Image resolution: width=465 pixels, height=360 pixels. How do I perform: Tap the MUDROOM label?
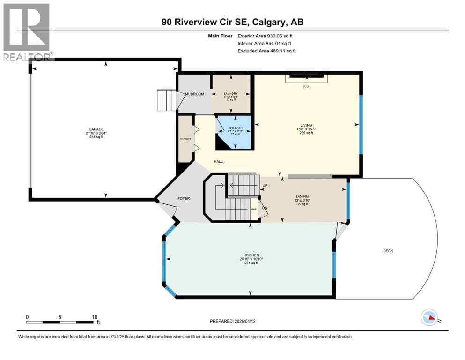point(194,94)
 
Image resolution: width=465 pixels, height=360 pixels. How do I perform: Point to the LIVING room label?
point(307,125)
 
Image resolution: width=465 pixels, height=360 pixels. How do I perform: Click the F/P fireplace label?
point(306,87)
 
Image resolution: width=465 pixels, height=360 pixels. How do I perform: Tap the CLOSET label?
point(185,139)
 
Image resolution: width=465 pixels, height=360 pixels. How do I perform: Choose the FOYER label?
point(184,198)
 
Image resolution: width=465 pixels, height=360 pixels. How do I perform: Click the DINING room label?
point(302,197)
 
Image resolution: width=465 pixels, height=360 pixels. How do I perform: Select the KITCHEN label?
point(249,255)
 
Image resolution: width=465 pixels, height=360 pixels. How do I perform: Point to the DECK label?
point(388,251)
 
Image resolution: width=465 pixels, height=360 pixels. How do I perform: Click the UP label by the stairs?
point(265,185)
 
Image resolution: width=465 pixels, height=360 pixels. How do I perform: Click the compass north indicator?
point(429,319)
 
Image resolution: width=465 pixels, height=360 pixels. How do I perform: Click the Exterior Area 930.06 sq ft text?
point(266,36)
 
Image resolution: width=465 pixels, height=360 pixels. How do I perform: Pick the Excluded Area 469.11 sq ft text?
point(266,51)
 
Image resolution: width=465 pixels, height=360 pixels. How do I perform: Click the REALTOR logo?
point(27,32)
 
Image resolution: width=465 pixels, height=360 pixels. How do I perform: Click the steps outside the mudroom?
point(166,100)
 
